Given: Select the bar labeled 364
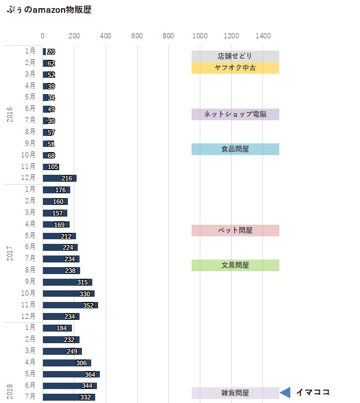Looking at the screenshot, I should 71,374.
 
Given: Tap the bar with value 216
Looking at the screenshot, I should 59,178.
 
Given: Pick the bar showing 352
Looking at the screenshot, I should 70,305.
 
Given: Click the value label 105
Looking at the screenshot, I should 53,167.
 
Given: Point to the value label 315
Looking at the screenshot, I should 82,282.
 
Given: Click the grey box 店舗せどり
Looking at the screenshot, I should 235,56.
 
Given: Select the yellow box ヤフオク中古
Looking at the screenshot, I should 235,68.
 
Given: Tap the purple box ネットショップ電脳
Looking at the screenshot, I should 235,114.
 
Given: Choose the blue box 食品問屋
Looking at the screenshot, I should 235,149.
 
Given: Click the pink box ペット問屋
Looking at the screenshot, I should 235,231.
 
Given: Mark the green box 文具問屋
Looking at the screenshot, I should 235,265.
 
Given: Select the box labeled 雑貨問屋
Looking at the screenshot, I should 235,393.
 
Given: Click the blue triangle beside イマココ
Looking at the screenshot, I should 285,393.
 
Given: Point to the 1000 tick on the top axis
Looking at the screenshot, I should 200,36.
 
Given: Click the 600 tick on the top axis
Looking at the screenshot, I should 137,36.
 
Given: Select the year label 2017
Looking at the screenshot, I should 10,253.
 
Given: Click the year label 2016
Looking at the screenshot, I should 10,114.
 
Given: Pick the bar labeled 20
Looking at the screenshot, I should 44,52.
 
